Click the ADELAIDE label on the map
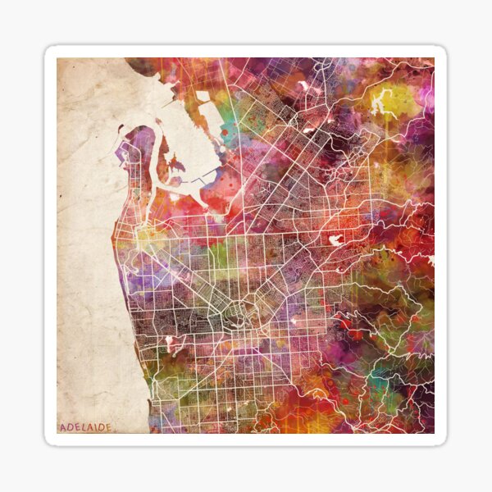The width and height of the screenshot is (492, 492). [x=85, y=427]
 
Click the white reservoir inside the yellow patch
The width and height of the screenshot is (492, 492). [x=381, y=103]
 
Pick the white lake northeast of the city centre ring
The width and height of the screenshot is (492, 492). [x=335, y=240]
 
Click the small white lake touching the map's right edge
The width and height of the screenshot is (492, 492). [x=430, y=259]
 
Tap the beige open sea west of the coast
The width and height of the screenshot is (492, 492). [x=86, y=246]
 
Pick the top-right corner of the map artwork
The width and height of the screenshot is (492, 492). [x=434, y=58]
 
